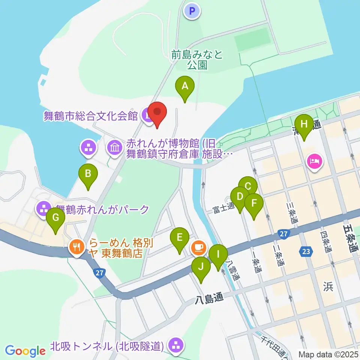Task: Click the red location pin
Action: [x=157, y=114]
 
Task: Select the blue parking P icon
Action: [x=192, y=11]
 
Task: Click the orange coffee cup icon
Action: [x=198, y=247]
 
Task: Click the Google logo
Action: [x=25, y=351]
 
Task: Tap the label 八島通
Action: [x=209, y=298]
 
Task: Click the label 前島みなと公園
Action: [x=197, y=60]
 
